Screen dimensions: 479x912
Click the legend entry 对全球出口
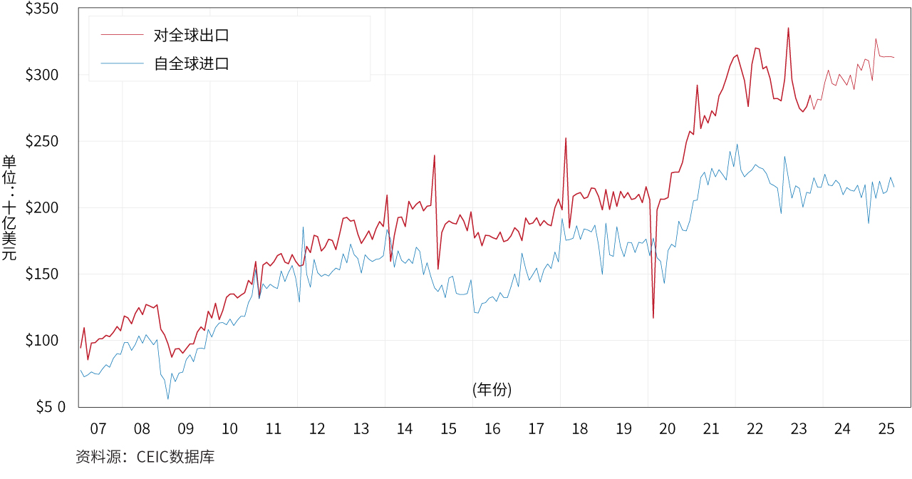coord(192,34)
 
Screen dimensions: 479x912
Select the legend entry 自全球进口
coord(192,63)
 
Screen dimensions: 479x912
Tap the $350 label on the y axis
coord(42,9)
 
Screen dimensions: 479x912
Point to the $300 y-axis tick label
coord(42,75)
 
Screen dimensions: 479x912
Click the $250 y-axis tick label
coord(42,141)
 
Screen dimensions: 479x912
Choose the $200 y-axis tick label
coord(42,207)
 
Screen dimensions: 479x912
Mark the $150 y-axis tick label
coord(42,274)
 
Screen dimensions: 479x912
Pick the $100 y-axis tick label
coord(42,340)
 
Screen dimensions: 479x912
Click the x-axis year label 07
coord(98,429)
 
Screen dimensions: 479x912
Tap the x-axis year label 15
coord(448,429)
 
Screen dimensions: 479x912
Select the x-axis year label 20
coord(668,429)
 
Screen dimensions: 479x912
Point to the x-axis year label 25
coord(886,429)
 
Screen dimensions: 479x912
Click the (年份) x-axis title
coord(492,389)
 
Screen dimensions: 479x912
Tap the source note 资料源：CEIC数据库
coord(145,457)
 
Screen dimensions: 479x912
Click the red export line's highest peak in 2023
coord(788,28)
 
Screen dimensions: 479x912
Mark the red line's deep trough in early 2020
coord(653,318)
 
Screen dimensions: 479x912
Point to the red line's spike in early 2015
coord(434,155)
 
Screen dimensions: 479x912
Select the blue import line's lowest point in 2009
coord(168,398)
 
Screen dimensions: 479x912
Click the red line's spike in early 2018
coord(566,138)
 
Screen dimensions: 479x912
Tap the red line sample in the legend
coord(122,34)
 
